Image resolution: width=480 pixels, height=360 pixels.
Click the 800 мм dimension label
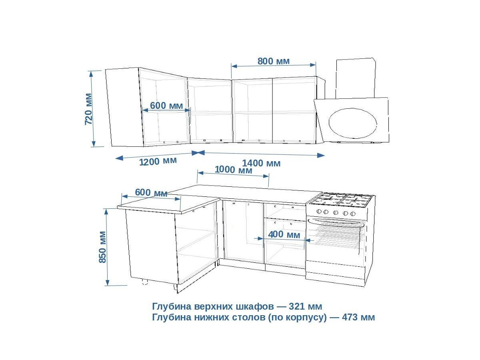point(274,61)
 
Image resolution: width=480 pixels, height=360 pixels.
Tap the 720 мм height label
point(88,109)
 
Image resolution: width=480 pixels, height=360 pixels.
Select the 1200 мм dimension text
point(158,161)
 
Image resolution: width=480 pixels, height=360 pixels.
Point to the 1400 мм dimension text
point(261,163)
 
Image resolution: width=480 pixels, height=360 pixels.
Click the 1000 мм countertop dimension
point(234,170)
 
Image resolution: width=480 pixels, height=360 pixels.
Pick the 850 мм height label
point(102,247)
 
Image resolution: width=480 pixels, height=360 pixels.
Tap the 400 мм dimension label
point(284,235)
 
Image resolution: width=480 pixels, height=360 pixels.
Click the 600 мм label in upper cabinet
point(166,106)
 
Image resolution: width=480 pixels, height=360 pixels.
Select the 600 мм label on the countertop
point(151,192)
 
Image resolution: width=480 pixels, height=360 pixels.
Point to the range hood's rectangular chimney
point(355,78)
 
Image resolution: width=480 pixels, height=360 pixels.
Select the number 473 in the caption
point(352,318)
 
